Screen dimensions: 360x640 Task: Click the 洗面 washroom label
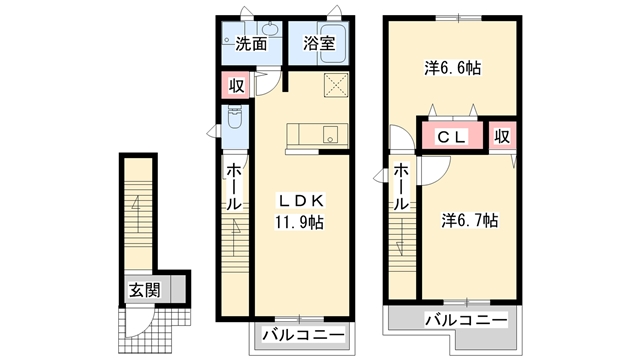[x=251, y=44]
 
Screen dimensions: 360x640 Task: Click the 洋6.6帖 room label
[x=452, y=69]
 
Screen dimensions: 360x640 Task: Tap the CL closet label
[x=452, y=138]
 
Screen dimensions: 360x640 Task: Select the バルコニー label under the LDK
[x=303, y=333]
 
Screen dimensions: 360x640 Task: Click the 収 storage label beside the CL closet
[x=502, y=136]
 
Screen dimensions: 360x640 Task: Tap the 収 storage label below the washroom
[x=235, y=86]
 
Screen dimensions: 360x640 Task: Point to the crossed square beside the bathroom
[x=334, y=85]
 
